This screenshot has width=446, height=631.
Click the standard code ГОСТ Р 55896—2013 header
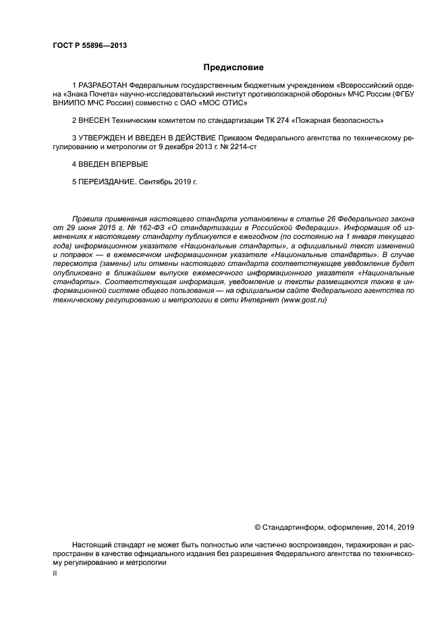tap(90, 46)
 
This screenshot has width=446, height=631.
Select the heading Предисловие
tap(233, 67)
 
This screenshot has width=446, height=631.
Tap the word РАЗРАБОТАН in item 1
tap(103, 86)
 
